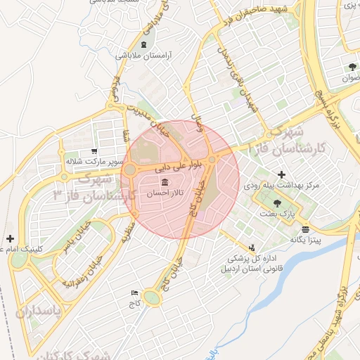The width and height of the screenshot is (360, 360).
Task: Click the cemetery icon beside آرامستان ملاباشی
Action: (144, 46)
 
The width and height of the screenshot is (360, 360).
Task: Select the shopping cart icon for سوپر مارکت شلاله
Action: (94, 151)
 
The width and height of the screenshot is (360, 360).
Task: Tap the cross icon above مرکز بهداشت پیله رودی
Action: (282, 174)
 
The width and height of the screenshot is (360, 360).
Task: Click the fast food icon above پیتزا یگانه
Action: (305, 229)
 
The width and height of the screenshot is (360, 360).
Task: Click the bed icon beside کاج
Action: (134, 292)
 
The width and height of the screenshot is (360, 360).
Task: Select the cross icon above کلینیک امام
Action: (10, 239)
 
